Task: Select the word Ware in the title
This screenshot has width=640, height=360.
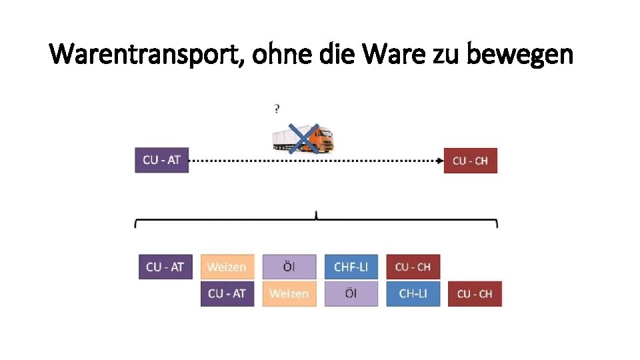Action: pyautogui.click(x=397, y=53)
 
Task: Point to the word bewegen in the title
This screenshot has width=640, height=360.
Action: pyautogui.click(x=520, y=53)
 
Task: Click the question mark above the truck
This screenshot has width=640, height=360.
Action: pyautogui.click(x=277, y=108)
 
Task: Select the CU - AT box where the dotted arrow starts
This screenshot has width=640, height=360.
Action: pyautogui.click(x=161, y=160)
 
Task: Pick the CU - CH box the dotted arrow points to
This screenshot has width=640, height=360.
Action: pyautogui.click(x=470, y=161)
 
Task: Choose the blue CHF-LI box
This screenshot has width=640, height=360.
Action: pyautogui.click(x=351, y=267)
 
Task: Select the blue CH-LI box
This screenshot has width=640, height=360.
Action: pyautogui.click(x=413, y=293)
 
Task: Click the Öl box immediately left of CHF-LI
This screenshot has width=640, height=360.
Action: pyautogui.click(x=289, y=267)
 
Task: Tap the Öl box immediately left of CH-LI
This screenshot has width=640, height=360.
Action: pyautogui.click(x=351, y=293)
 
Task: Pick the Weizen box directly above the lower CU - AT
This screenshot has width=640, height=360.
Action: pyautogui.click(x=227, y=267)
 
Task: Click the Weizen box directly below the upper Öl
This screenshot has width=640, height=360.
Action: pyautogui.click(x=289, y=293)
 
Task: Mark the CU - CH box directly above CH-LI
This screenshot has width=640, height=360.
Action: pyautogui.click(x=413, y=267)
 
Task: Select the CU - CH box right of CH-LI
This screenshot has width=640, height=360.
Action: pyautogui.click(x=475, y=293)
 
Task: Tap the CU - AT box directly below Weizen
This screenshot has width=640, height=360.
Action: pyautogui.click(x=227, y=293)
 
